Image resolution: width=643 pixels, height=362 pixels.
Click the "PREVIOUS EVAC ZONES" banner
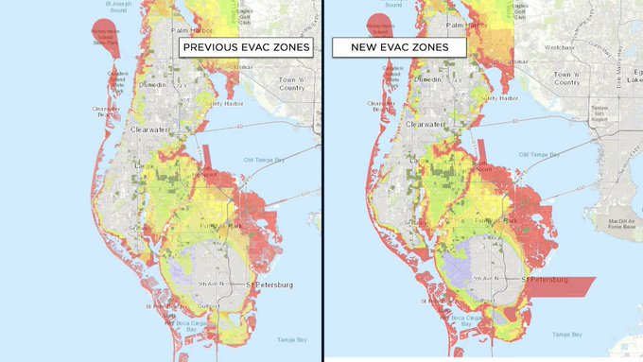pyautogui.click(x=244, y=46)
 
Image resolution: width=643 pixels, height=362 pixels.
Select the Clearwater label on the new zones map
pyautogui.click(x=426, y=124)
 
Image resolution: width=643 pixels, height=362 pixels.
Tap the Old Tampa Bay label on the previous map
pyautogui.click(x=263, y=158)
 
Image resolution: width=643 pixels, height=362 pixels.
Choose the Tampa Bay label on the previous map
pyautogui.click(x=287, y=339)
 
